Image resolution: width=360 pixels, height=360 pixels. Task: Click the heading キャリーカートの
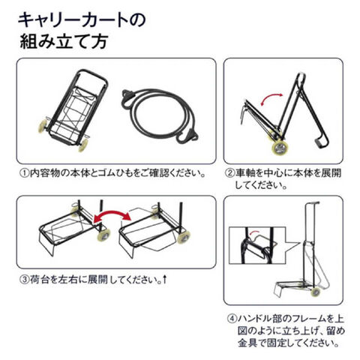tap(82, 20)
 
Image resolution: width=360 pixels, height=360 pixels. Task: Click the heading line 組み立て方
tap(64, 41)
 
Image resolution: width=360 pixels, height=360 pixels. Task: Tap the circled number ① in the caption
tap(25, 173)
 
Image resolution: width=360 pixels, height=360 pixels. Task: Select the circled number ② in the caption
tap(229, 173)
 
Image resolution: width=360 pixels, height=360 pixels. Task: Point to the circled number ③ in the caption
tap(25, 280)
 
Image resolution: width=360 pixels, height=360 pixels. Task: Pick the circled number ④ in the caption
tap(232, 319)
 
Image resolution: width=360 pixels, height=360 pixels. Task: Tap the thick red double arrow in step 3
tap(112, 214)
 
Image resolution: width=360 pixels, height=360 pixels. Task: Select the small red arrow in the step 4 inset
tap(254, 232)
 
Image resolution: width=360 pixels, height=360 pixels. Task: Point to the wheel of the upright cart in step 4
tap(316, 292)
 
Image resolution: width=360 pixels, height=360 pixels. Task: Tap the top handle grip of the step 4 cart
tap(313, 203)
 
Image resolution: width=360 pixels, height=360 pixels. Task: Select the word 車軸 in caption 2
tap(244, 173)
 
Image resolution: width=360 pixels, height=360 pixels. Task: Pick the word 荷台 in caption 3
tap(39, 280)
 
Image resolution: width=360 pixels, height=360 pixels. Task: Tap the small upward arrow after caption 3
tap(164, 279)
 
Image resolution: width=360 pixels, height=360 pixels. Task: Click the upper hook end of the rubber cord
tap(127, 96)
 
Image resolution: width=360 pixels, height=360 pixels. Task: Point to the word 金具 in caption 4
tap(247, 343)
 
